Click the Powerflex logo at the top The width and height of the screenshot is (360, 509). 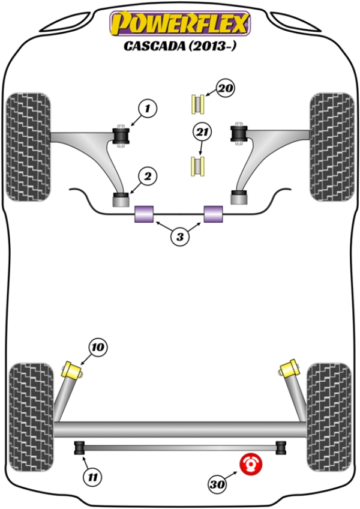click(179, 24)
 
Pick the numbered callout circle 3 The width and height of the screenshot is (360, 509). click(179, 237)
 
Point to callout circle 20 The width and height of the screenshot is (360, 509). click(224, 89)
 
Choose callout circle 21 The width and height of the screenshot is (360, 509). click(202, 131)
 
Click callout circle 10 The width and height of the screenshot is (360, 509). click(98, 347)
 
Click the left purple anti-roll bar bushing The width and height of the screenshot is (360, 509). click(144, 214)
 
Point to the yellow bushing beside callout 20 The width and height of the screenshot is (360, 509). click(197, 104)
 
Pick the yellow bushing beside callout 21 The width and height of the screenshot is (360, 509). click(197, 166)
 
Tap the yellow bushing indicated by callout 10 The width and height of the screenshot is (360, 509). click(73, 367)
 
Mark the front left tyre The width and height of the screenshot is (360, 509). click(28, 146)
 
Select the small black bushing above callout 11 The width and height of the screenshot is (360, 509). click(79, 447)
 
